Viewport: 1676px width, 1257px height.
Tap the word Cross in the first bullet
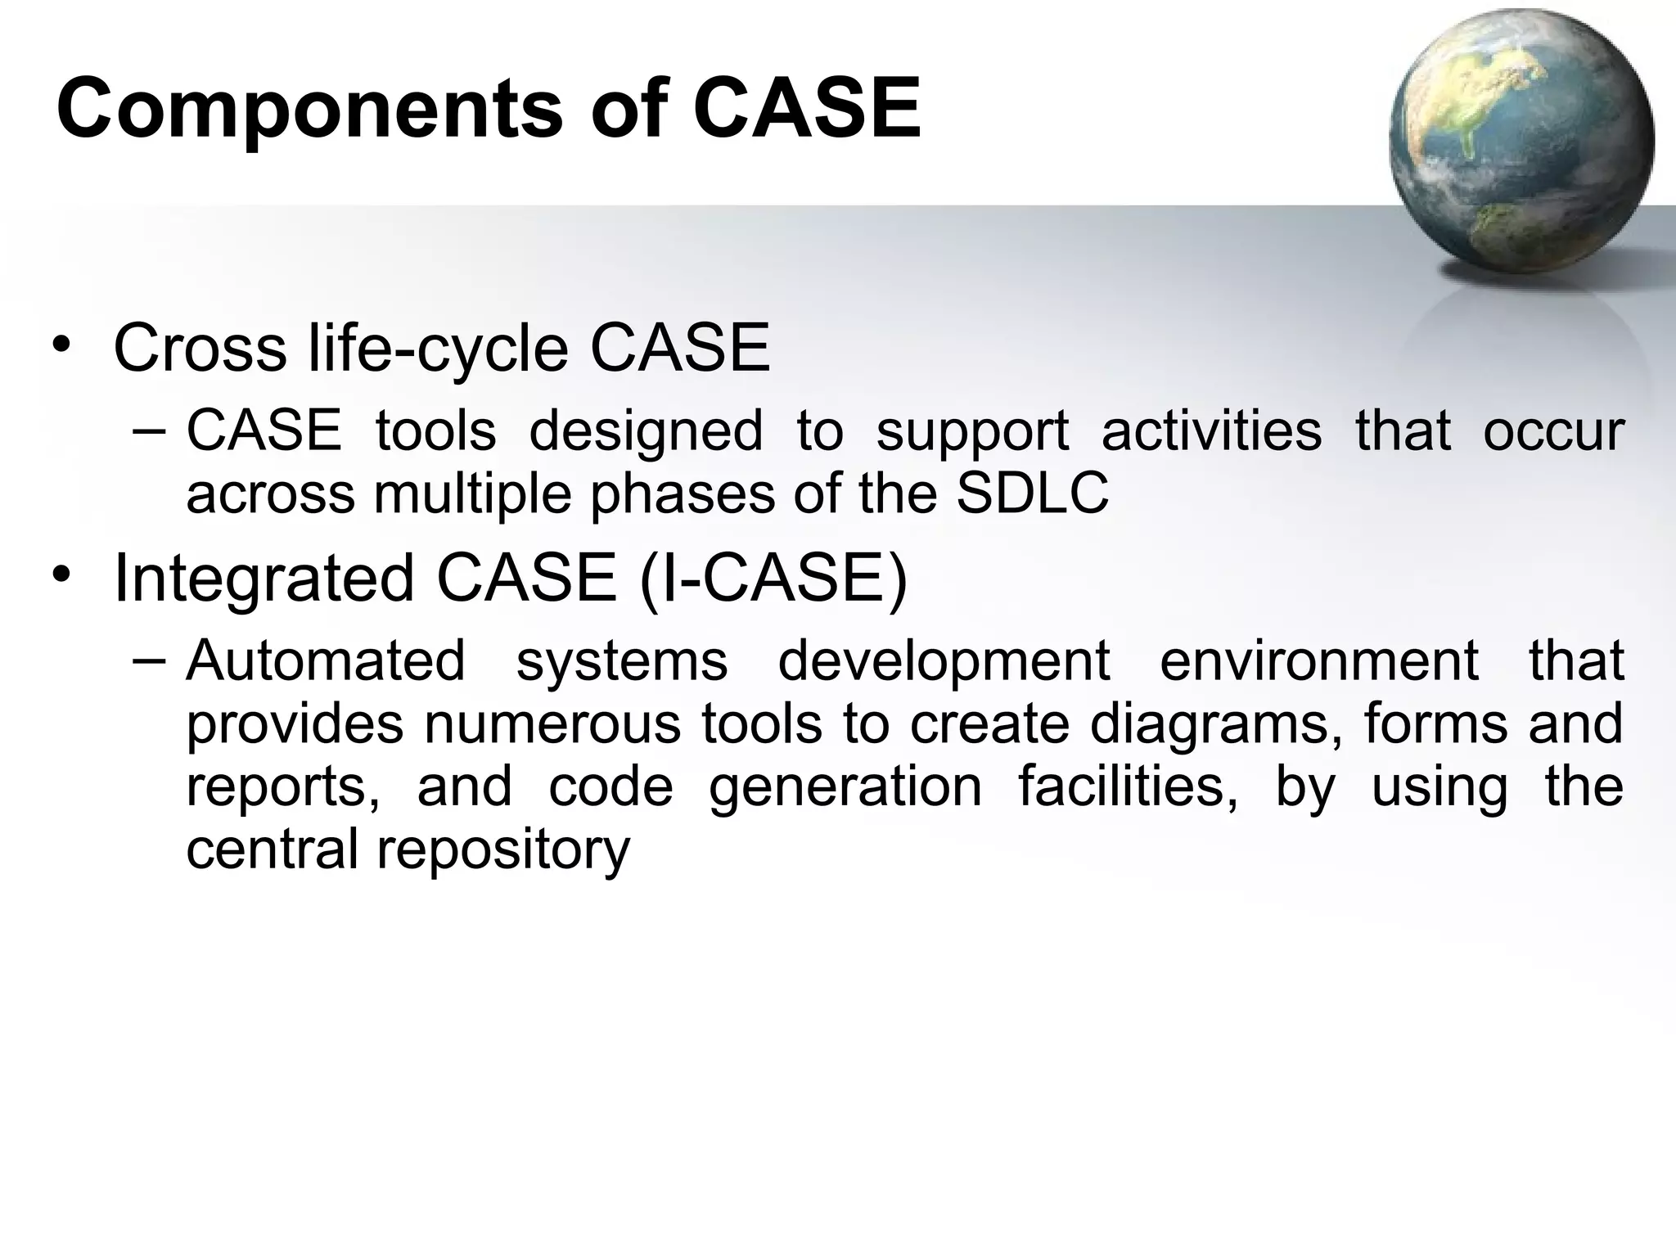click(200, 349)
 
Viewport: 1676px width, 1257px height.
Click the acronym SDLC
click(1032, 493)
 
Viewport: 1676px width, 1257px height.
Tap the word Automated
click(326, 660)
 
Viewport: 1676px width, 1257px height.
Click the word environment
click(1318, 660)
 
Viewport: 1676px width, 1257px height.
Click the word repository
click(502, 851)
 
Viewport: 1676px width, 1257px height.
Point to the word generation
click(845, 788)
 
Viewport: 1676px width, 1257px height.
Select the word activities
click(1211, 431)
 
